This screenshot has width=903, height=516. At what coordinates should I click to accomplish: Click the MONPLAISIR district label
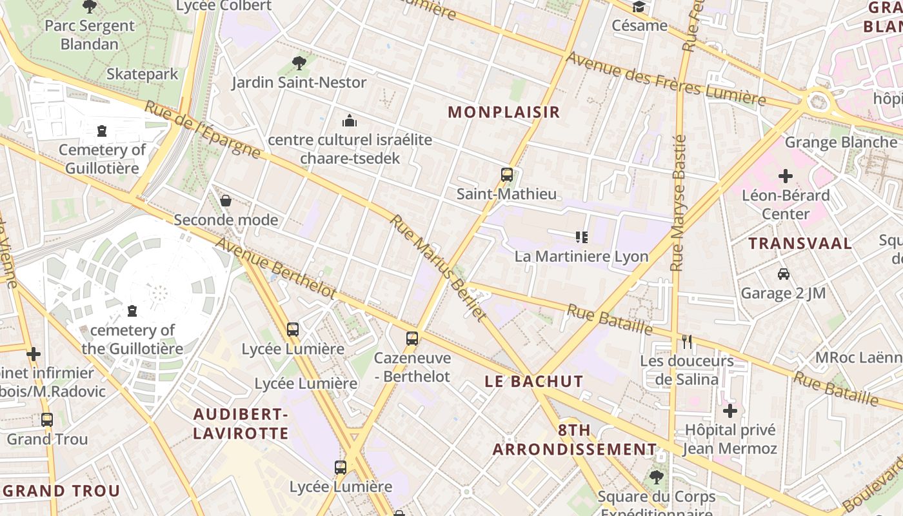(x=504, y=112)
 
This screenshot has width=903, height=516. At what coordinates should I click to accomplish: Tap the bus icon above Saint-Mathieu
(x=507, y=174)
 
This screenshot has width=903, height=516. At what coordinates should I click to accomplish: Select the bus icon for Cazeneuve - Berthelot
(x=412, y=338)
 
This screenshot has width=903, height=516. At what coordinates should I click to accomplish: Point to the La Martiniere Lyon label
(x=581, y=256)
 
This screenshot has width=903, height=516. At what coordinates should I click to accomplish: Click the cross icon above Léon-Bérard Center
(x=785, y=175)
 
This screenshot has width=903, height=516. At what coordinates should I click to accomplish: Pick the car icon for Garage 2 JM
(x=784, y=274)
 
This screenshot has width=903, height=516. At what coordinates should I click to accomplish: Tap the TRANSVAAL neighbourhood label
(x=800, y=244)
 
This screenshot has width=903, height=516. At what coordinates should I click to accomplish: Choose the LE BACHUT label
(x=534, y=381)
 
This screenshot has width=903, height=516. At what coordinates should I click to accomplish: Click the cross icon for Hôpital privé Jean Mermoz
(x=729, y=411)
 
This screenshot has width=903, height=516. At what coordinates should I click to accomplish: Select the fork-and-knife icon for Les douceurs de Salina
(x=687, y=342)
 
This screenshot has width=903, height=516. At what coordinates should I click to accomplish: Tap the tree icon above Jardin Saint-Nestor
(x=299, y=63)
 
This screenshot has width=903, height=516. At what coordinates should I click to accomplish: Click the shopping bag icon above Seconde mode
(x=226, y=201)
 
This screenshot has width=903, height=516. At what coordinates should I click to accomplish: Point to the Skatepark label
(x=142, y=74)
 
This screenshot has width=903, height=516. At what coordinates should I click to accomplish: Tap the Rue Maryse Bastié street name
(x=678, y=203)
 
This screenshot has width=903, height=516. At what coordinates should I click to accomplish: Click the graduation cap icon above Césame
(x=639, y=7)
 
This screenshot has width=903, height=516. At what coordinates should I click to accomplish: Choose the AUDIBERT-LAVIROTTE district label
(x=241, y=423)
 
